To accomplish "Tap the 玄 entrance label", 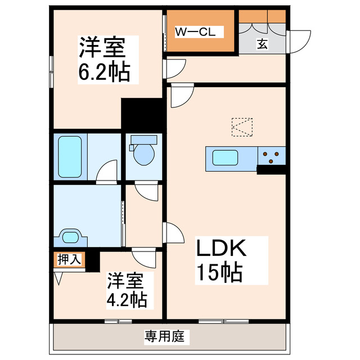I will point(262,43).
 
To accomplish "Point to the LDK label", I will point(221,247).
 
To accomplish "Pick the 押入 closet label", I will point(69,259).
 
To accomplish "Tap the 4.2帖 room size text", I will point(127,299).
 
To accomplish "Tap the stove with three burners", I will point(272,156).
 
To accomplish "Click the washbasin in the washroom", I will point(70,237).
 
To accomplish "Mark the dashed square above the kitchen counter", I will point(242,127).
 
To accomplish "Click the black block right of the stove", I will point(271,169).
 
